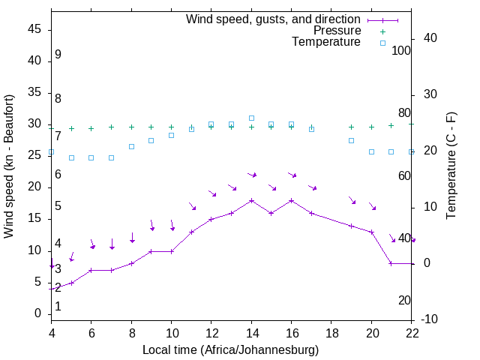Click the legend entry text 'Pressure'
(337, 31)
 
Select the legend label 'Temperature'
(326, 42)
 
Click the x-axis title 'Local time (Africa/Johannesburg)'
(230, 350)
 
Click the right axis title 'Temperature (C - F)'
(451, 166)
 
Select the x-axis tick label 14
(251, 333)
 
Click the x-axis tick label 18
(331, 333)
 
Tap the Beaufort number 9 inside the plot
(58, 55)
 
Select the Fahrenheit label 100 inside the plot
(401, 50)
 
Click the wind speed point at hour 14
(251, 200)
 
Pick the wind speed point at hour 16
(291, 200)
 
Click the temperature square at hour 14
(251, 118)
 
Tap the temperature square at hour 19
(351, 140)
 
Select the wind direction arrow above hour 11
(192, 206)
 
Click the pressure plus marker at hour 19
(351, 127)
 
